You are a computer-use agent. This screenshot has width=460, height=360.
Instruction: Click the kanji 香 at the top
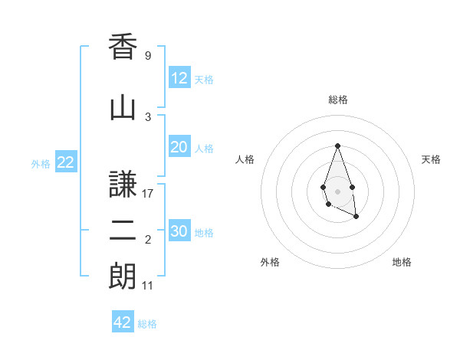point(123,47)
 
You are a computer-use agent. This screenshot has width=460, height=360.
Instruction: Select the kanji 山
point(123,108)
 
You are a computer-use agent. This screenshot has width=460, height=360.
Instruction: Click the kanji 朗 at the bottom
point(123,277)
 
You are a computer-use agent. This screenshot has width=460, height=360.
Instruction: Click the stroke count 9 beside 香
point(147,56)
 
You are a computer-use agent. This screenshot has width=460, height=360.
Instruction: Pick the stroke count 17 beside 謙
point(149,194)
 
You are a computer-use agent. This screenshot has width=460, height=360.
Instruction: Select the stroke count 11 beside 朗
point(149,286)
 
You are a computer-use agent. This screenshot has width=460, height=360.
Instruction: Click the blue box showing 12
point(179,78)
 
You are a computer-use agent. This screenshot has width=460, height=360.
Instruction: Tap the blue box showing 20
point(179,147)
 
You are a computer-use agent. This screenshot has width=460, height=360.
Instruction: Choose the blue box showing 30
point(179,231)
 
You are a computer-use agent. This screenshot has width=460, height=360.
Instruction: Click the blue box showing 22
point(65,162)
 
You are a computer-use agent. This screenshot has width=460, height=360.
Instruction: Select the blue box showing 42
point(123,322)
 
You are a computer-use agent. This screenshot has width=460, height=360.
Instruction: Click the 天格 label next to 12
point(204,80)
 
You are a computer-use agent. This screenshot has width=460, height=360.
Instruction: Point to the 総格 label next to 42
point(147,324)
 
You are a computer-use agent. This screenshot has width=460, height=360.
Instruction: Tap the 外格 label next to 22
point(41,163)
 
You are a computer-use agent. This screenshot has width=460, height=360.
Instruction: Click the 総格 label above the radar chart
point(337,100)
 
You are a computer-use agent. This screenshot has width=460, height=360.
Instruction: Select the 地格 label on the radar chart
point(402,262)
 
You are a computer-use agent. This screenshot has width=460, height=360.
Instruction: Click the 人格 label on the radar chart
point(245,159)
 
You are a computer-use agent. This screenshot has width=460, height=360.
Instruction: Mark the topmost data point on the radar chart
point(337,146)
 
